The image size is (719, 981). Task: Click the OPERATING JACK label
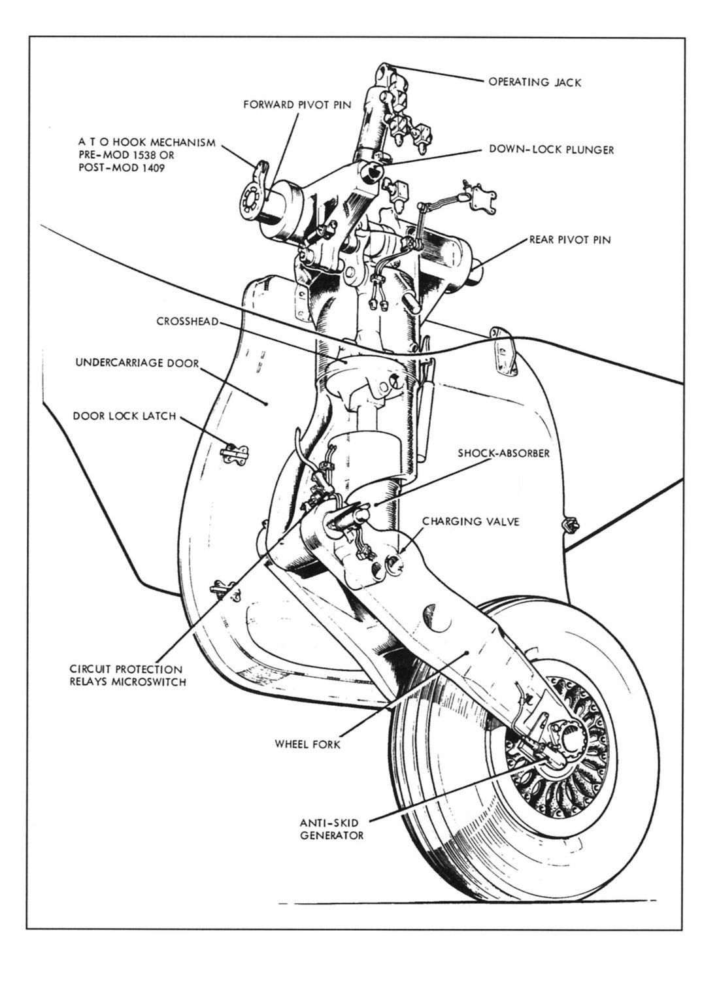pos(535,82)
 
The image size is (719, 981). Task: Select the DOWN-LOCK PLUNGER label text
pos(552,150)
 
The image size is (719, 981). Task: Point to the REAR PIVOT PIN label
pos(569,240)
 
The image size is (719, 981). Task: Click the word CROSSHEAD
pos(187,322)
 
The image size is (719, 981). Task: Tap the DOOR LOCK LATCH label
pos(124,416)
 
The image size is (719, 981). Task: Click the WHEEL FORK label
pos(307,744)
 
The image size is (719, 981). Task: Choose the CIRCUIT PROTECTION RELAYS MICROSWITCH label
pos(126,676)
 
